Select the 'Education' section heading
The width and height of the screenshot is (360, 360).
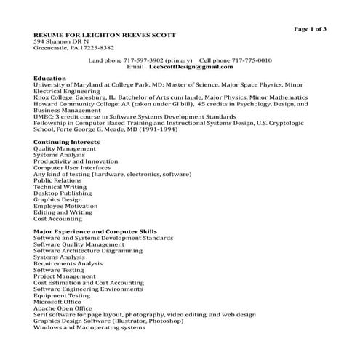coord(50,78)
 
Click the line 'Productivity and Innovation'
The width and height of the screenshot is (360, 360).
coord(76,161)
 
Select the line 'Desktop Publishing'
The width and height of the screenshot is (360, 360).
coord(63,193)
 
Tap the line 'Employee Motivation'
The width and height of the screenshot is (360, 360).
coord(65,206)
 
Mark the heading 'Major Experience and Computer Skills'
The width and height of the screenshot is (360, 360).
coord(95,231)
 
